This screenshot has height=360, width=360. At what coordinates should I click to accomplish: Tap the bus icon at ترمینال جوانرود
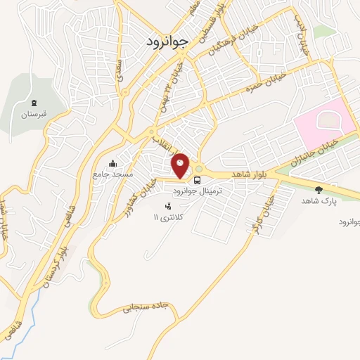pos(197,179)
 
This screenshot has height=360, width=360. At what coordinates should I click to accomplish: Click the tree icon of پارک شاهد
pos(319,189)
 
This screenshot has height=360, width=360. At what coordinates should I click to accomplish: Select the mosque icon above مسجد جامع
pos(113,164)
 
